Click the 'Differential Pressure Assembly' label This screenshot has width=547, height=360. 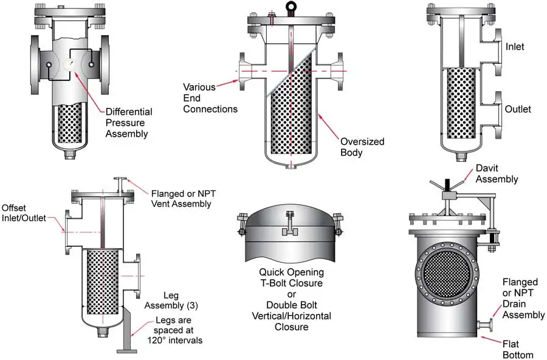129,123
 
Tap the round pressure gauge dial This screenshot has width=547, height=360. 70,64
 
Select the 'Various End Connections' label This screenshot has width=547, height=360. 210,98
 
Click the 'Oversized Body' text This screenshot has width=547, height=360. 362,147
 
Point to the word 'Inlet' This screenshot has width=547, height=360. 515,46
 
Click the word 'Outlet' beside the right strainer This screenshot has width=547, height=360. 518,109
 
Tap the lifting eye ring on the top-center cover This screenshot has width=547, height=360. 291,6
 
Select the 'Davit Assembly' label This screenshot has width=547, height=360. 497,173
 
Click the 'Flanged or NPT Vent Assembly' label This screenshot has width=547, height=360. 183,198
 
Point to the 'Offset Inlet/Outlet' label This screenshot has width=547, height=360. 24,213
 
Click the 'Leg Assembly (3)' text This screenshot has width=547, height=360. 171,300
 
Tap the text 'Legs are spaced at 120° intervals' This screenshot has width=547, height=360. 174,330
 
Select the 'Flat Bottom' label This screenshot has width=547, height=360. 518,349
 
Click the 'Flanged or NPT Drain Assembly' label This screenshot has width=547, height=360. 523,298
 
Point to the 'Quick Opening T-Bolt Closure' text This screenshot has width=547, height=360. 291,277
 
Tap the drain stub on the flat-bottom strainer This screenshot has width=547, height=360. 484,325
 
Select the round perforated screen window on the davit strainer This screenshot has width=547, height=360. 446,272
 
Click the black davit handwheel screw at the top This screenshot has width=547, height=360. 447,184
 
